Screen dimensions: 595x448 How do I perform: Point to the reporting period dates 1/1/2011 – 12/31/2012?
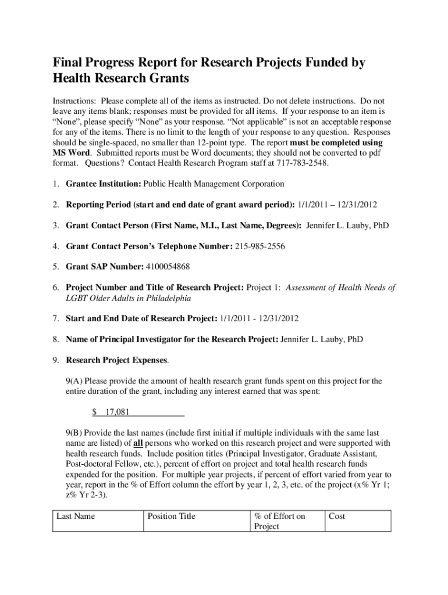pos(337,205)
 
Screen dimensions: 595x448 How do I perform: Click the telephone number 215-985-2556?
pos(260,246)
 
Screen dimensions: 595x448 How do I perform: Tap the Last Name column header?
pos(76,516)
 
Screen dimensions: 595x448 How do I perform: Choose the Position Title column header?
pos(172,516)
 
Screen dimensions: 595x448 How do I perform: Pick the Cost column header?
pos(337,516)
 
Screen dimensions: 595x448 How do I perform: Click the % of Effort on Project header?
pos(280,521)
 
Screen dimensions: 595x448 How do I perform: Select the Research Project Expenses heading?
pos(116,360)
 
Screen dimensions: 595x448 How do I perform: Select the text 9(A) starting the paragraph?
pos(74,381)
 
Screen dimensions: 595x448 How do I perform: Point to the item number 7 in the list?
pos(55,318)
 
